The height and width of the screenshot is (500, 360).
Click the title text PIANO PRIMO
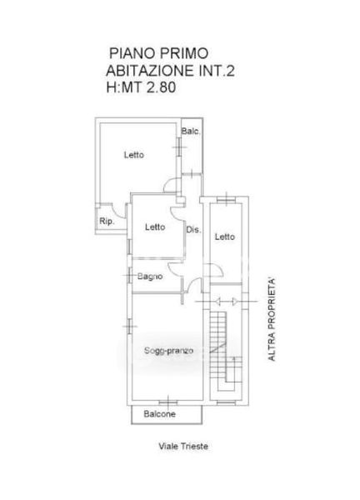(159, 53)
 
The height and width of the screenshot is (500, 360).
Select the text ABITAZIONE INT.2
(170, 71)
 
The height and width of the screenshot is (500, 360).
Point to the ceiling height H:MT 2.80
(141, 87)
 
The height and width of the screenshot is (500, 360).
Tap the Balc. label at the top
(191, 131)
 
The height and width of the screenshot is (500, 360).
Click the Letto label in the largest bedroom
(134, 155)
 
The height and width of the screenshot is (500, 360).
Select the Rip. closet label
(107, 222)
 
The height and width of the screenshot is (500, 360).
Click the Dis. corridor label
(193, 229)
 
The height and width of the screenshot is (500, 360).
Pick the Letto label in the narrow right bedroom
(225, 237)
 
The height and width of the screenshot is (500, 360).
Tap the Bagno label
(150, 277)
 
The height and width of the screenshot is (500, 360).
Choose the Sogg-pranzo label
(168, 351)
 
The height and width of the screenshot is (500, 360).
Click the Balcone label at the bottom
(159, 414)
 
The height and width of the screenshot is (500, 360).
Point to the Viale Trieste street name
(183, 446)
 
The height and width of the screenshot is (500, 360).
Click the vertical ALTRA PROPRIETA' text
(272, 320)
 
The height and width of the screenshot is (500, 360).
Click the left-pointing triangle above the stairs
(217, 302)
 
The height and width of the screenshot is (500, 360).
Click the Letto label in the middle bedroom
(155, 227)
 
